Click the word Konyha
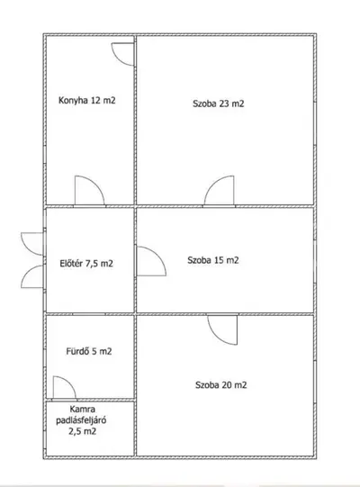[73, 100]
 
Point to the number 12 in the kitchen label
[95, 100]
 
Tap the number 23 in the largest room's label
[224, 104]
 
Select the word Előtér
[71, 264]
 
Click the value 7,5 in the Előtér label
[91, 264]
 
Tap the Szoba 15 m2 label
[213, 260]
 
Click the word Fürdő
[77, 351]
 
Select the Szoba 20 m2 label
[220, 384]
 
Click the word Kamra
[82, 409]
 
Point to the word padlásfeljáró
[81, 420]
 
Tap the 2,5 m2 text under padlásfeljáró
[82, 431]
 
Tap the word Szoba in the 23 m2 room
[204, 104]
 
